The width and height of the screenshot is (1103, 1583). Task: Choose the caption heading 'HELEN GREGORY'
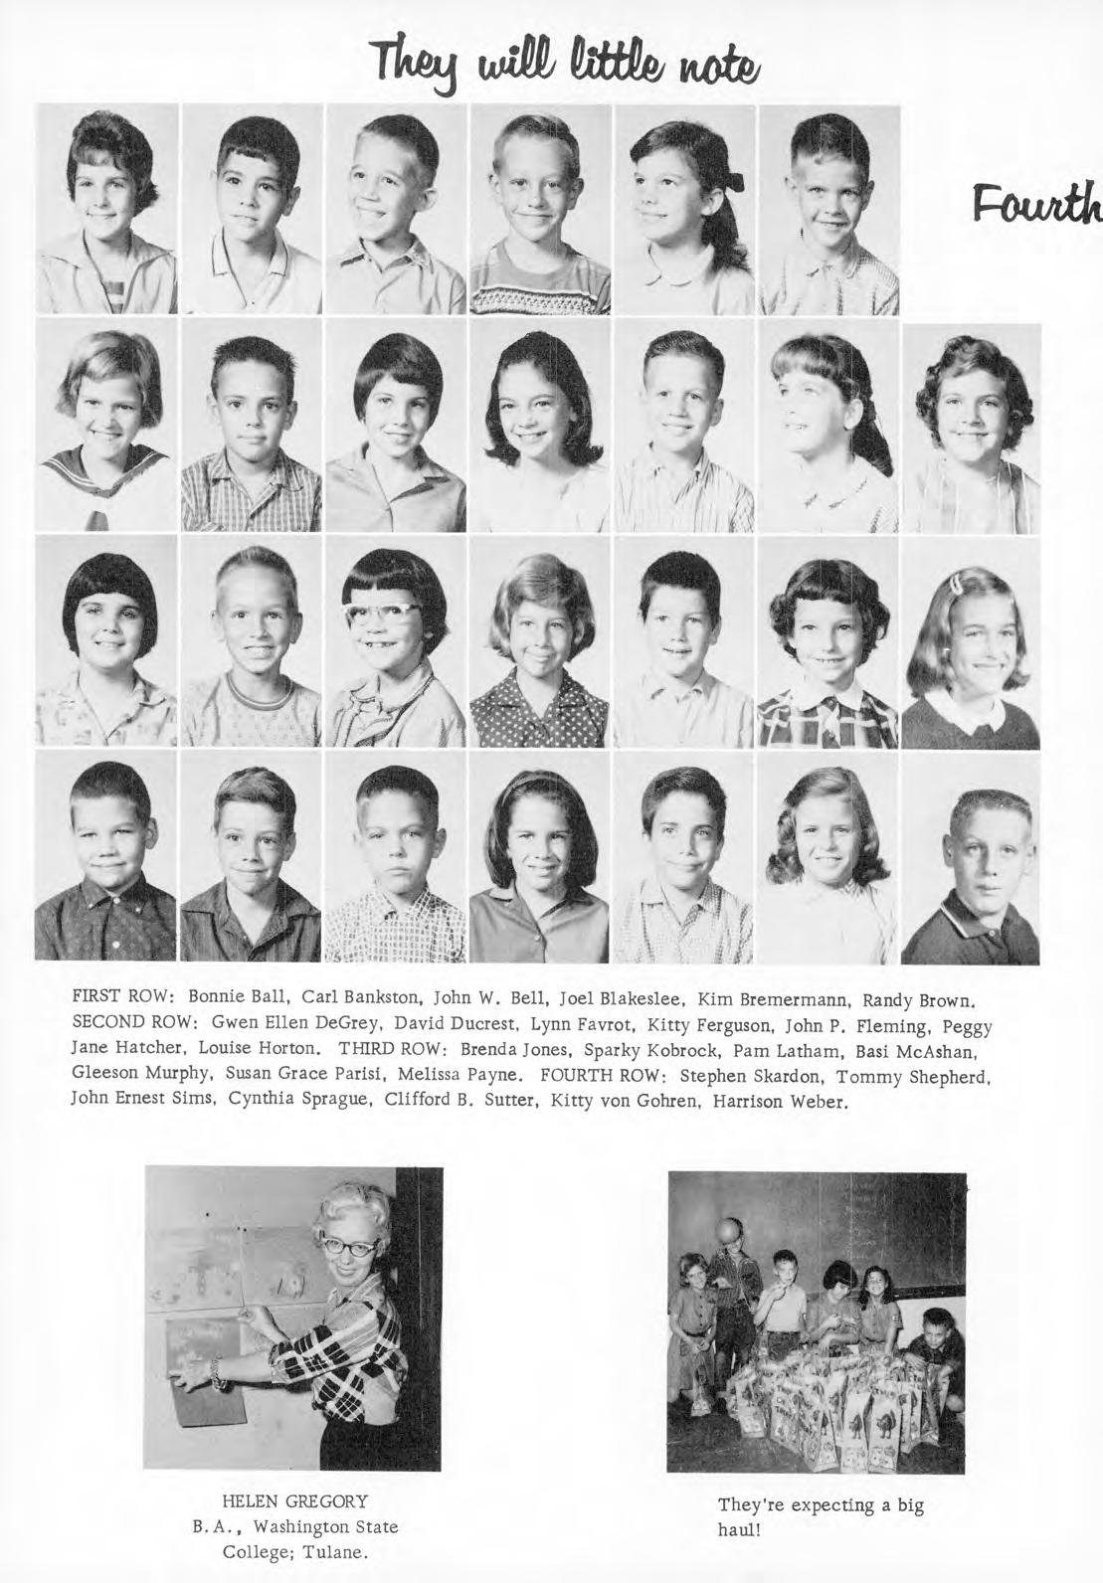point(294,1501)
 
